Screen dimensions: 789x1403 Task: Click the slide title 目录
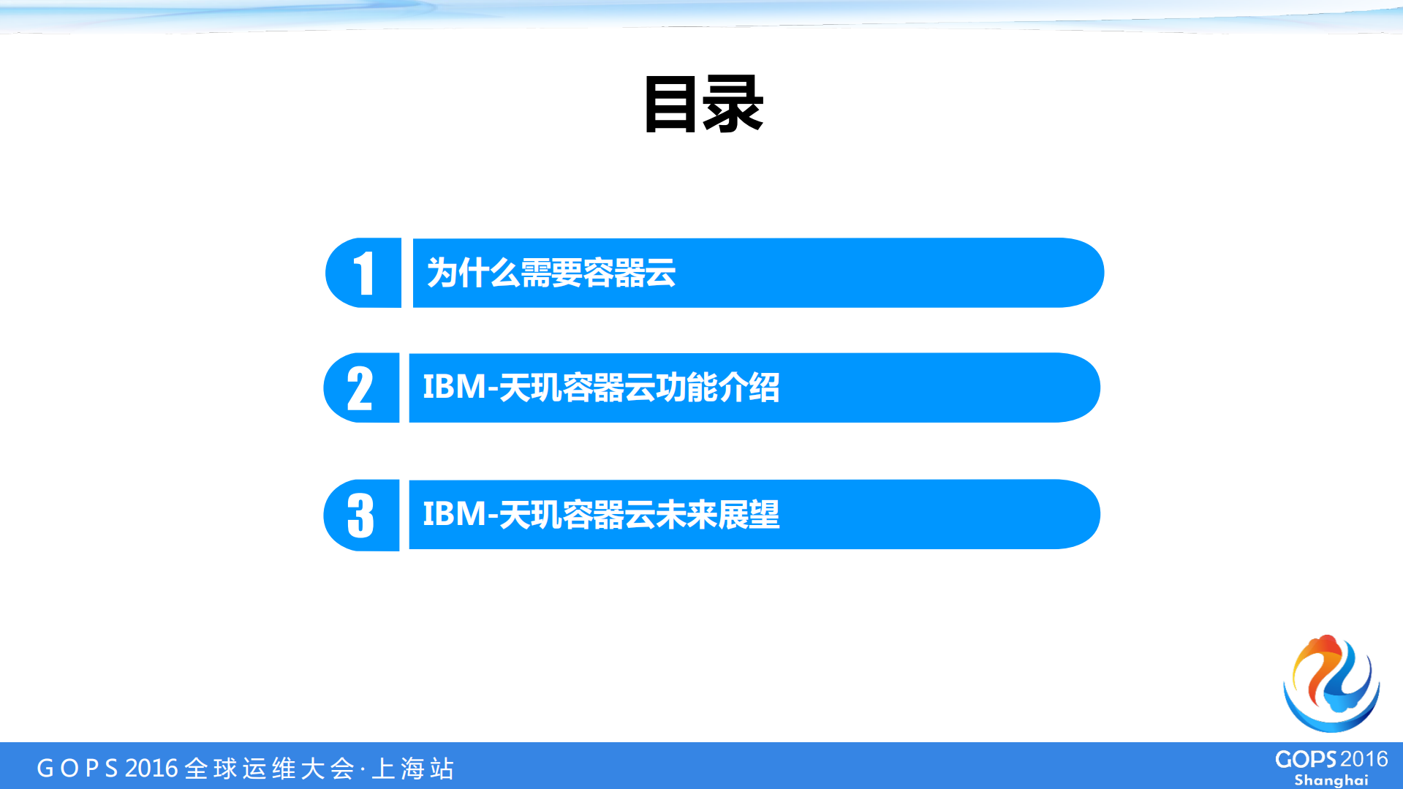point(703,105)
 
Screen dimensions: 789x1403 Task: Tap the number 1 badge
point(363,273)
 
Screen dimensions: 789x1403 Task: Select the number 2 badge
point(360,388)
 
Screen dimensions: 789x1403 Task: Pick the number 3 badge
point(360,515)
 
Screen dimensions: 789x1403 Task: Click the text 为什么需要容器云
point(551,273)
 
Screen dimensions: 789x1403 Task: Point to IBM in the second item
point(454,388)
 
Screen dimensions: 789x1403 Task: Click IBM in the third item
point(454,514)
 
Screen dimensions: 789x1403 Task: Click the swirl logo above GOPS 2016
point(1331,684)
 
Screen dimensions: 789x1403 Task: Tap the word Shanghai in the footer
point(1331,780)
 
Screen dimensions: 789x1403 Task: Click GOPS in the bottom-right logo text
point(1306,760)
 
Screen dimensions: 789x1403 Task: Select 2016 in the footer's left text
point(151,769)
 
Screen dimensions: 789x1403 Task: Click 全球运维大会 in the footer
point(269,769)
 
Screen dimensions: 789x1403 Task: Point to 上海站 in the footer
point(413,769)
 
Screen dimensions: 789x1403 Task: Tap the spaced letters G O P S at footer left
point(77,769)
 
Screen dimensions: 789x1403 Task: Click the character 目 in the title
point(670,105)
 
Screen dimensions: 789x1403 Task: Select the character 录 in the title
point(733,105)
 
